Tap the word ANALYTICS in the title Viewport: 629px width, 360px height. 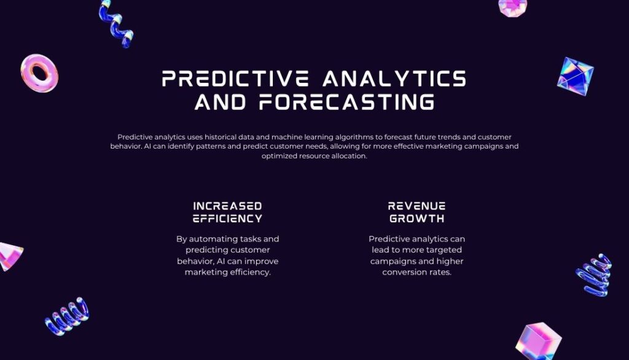coord(394,79)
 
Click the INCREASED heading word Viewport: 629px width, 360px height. coord(227,206)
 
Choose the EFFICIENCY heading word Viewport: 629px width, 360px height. coord(227,219)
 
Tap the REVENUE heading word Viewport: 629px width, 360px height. coord(416,206)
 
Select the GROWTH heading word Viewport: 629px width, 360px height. coord(416,219)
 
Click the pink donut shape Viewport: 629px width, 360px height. coord(39,73)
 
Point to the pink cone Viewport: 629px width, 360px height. coord(10,256)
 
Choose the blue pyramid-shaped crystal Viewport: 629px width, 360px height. coord(576,76)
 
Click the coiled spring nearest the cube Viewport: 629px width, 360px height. coord(594,275)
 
